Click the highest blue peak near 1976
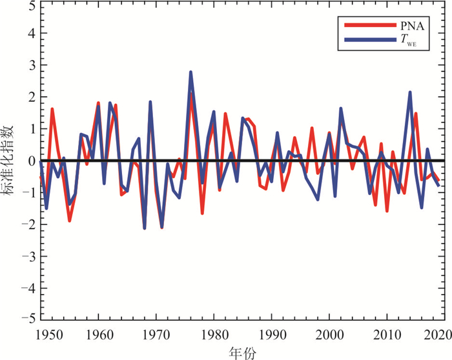point(191,72)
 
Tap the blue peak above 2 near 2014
point(410,93)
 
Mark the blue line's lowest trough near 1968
point(145,228)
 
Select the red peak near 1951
point(52,109)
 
